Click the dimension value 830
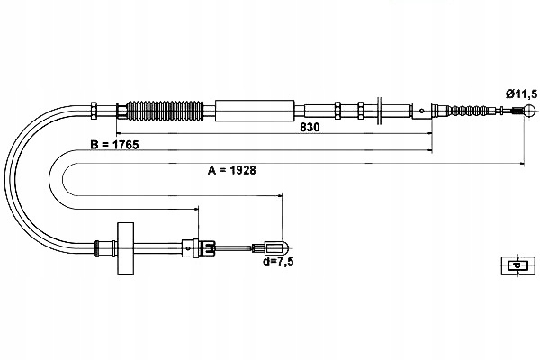tap(310, 127)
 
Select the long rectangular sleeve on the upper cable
tap(256, 111)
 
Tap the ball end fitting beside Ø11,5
tap(518, 112)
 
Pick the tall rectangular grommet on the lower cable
tap(123, 246)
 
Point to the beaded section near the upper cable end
tap(472, 112)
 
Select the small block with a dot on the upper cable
tap(423, 112)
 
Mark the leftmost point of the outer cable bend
tap(7, 180)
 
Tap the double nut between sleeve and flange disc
tap(338, 111)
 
